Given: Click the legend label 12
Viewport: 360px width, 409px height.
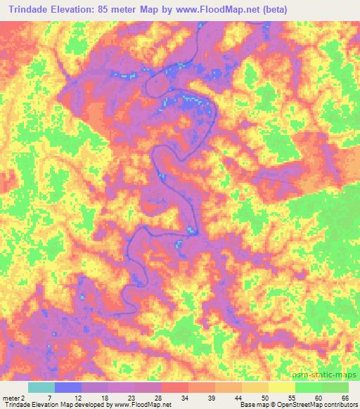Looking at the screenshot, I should point(77,398).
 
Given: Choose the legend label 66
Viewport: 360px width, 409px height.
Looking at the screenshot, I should point(345,398).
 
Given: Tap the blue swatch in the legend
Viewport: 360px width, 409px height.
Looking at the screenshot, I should point(67,387).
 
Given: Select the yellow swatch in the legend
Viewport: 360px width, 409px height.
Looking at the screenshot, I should point(282,387).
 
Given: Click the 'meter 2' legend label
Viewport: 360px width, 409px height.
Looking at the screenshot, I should point(13,398).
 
